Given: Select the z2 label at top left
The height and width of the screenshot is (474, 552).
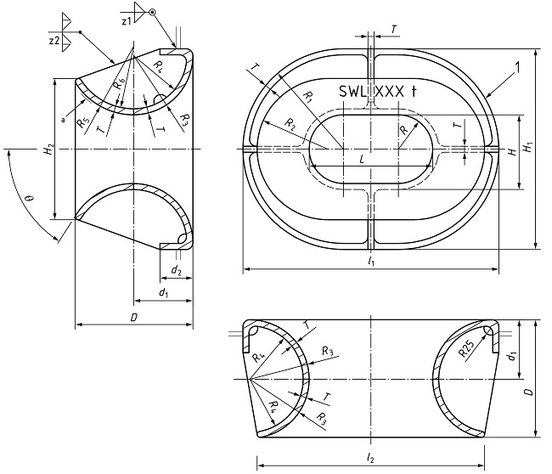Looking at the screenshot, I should [x=54, y=40].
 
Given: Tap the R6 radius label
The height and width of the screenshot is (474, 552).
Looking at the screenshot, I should [x=119, y=87].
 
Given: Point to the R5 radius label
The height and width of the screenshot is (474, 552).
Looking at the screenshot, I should [x=82, y=121].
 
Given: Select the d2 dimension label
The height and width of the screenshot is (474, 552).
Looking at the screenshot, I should [x=175, y=271].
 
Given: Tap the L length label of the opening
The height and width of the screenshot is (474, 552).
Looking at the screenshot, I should [x=363, y=159].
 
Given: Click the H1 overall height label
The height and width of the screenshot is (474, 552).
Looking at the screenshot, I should [x=528, y=145].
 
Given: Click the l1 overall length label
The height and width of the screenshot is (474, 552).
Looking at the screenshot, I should [x=371, y=262].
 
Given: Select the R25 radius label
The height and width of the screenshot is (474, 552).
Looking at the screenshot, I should [x=465, y=347].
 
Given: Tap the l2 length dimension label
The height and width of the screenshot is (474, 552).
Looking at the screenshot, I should [x=370, y=457].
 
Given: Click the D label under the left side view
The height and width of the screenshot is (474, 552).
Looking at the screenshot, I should [x=132, y=316].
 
